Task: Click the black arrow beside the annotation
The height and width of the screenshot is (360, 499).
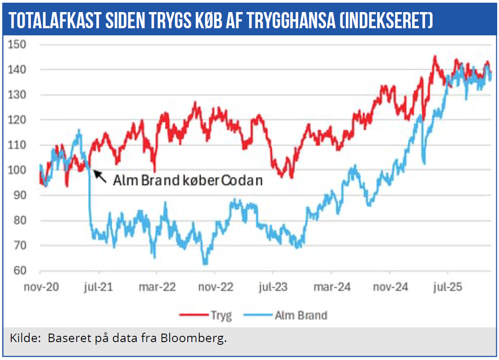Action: (x=100, y=176)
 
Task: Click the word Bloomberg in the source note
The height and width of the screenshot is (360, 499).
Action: (x=200, y=339)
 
